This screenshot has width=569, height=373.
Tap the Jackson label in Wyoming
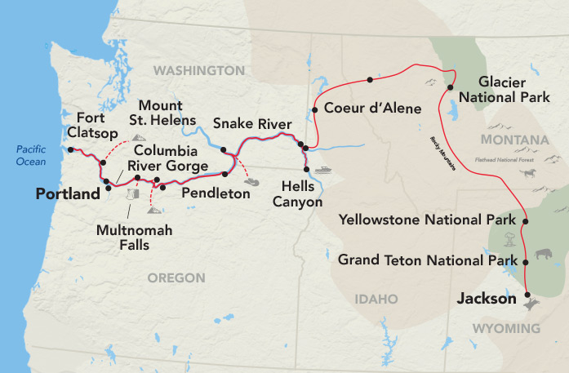point(487,300)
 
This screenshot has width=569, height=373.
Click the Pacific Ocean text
point(30,155)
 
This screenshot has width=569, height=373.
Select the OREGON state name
point(176,278)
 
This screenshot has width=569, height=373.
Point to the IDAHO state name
point(376,300)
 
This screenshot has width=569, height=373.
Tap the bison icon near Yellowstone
point(544,256)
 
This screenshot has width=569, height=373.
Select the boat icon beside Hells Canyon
point(323,171)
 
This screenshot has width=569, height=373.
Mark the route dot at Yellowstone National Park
point(524,221)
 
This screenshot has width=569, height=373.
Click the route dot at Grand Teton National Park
point(525,262)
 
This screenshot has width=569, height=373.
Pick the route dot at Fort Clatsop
point(71,149)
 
